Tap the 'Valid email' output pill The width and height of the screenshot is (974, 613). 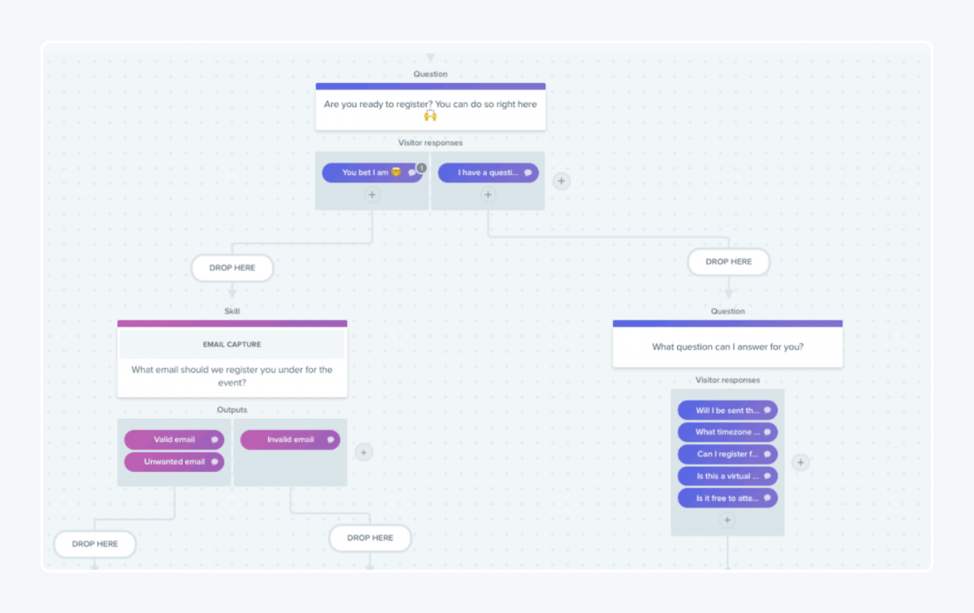coord(174,439)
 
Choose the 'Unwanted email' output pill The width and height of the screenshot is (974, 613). coord(174,461)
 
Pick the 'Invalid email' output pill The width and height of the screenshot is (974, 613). coord(290,439)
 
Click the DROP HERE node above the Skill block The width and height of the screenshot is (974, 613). coord(232,268)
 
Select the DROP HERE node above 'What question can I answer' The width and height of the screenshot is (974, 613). coord(728,262)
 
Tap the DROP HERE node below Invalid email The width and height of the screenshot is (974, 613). coord(370,538)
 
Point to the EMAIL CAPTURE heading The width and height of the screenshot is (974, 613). coord(232,345)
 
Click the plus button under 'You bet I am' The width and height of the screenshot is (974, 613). coord(372,195)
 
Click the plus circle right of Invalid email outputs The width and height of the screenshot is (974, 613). coord(364,452)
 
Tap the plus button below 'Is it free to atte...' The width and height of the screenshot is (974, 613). coord(727,520)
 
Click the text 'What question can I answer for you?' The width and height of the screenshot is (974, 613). coord(727,347)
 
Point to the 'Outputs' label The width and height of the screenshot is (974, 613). coord(232,409)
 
